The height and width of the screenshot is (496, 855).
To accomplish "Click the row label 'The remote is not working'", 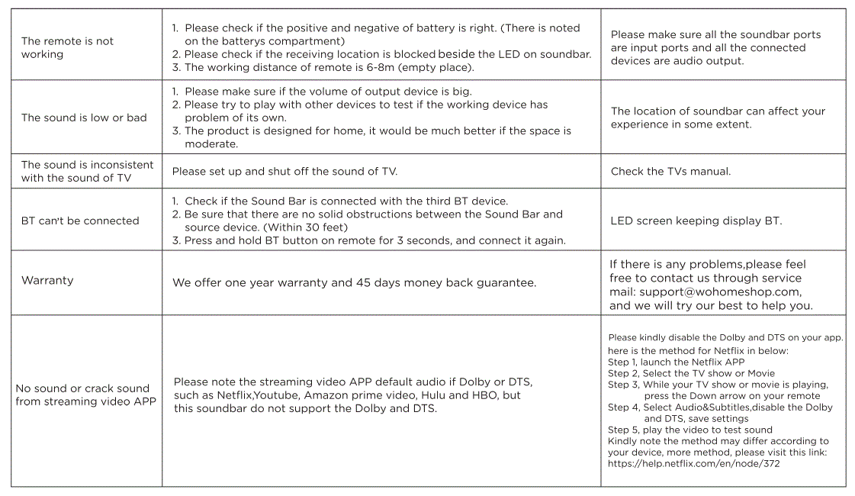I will click(x=67, y=47).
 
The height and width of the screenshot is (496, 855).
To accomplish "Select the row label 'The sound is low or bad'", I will click(x=84, y=118).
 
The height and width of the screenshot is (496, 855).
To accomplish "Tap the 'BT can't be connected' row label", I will click(x=80, y=221).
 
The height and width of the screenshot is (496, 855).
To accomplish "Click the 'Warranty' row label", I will click(x=47, y=280).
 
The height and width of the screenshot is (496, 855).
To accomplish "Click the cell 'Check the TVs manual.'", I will click(x=670, y=171).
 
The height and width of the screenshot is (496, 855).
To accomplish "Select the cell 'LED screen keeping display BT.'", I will click(x=696, y=221).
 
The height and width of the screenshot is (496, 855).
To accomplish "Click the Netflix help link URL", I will click(x=693, y=463).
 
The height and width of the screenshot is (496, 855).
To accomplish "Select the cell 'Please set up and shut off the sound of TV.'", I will click(x=284, y=171).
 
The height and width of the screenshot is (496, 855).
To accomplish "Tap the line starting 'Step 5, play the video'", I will click(x=680, y=430).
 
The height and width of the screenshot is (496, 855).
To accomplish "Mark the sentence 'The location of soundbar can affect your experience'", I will click(x=718, y=118).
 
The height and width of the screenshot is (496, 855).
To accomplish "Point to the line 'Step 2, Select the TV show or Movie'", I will click(x=691, y=373).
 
